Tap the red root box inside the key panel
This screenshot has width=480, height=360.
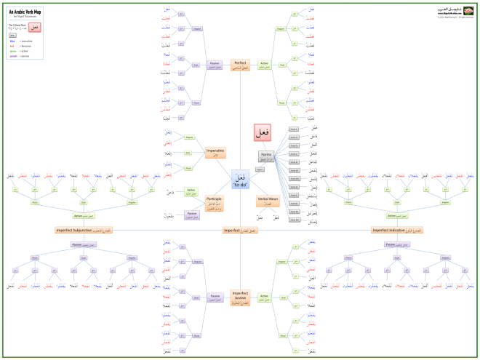tap(34, 27)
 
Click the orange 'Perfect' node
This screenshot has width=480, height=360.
tap(240, 64)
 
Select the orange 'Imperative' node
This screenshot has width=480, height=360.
tap(215, 152)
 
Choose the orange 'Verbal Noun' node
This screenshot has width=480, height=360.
tap(268, 200)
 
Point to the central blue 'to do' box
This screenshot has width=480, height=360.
tap(240, 179)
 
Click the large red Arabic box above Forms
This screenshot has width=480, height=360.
tap(264, 132)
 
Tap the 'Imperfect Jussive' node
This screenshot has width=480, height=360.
tap(240, 296)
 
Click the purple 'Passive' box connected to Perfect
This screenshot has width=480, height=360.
tap(215, 64)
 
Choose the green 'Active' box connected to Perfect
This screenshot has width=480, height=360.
tap(265, 64)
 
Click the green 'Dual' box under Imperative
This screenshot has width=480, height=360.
tap(188, 153)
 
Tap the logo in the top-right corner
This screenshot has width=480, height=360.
tap(455, 12)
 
